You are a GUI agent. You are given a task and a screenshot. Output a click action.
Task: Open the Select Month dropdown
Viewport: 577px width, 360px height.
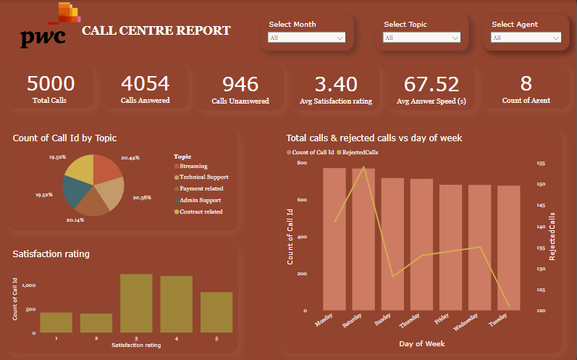click(305, 38)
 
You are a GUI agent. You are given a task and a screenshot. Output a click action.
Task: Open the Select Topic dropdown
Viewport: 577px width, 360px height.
click(422, 38)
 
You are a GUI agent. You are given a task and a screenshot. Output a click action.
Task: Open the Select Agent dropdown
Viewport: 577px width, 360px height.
click(527, 38)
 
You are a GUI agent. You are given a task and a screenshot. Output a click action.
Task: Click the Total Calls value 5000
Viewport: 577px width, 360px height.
click(50, 84)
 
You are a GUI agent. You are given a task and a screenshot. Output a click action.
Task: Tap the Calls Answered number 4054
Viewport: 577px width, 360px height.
click(145, 84)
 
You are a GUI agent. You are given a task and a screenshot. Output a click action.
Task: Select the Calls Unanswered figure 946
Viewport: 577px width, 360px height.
click(240, 85)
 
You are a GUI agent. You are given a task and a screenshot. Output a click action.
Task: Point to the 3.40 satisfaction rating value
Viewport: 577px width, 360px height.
click(336, 85)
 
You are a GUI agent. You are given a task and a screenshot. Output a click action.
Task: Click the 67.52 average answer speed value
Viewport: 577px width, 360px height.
click(431, 85)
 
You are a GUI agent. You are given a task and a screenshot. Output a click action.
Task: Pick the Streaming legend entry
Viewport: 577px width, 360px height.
click(193, 166)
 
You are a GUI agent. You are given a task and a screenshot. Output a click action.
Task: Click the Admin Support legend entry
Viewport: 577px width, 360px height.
click(200, 200)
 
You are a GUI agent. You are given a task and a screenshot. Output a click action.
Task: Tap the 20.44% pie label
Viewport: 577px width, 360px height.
click(131, 157)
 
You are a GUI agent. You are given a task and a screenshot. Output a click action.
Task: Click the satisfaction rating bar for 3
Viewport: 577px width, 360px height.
click(136, 303)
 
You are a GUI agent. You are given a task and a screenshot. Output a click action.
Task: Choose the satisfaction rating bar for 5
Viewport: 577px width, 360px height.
click(216, 312)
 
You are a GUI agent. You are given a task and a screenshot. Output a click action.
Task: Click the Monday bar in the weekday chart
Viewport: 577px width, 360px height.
click(334, 239)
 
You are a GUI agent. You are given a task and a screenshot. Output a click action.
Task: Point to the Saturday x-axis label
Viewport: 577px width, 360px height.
click(352, 321)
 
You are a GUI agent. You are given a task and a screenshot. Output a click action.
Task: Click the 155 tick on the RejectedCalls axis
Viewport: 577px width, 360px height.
click(540, 164)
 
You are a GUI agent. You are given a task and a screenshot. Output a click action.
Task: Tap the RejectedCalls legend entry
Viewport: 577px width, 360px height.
click(360, 152)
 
